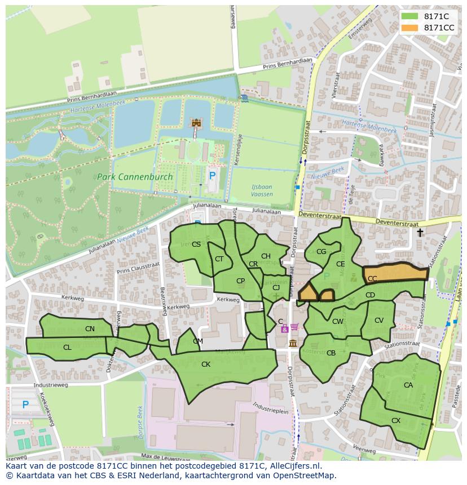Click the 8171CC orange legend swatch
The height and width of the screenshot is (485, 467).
pyautogui.click(x=410, y=28)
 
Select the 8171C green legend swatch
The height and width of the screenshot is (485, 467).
pyautogui.click(x=410, y=17)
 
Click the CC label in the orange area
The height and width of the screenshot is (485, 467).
pyautogui.click(x=372, y=279)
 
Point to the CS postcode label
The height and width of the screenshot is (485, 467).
pyautogui.click(x=196, y=244)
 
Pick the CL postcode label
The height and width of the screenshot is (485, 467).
pyautogui.click(x=67, y=348)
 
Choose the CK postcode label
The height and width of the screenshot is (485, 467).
pyautogui.click(x=206, y=364)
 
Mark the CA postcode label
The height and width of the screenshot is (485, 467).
pyautogui.click(x=408, y=385)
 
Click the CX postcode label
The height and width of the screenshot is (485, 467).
pyautogui.click(x=396, y=421)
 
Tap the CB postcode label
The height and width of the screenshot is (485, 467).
pyautogui.click(x=331, y=353)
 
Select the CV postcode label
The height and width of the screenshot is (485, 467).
pyautogui.click(x=379, y=321)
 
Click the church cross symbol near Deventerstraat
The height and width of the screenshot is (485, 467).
pyautogui.click(x=420, y=233)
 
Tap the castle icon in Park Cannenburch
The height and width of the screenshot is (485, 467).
pyautogui.click(x=197, y=123)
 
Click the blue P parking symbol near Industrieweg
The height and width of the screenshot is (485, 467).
pyautogui.click(x=25, y=404)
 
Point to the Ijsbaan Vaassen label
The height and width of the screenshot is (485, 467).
pyautogui.click(x=262, y=190)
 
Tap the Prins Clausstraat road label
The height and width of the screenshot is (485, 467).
pyautogui.click(x=139, y=268)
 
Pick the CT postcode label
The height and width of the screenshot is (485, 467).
pyautogui.click(x=219, y=259)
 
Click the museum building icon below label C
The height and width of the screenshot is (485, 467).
pyautogui.click(x=293, y=343)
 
